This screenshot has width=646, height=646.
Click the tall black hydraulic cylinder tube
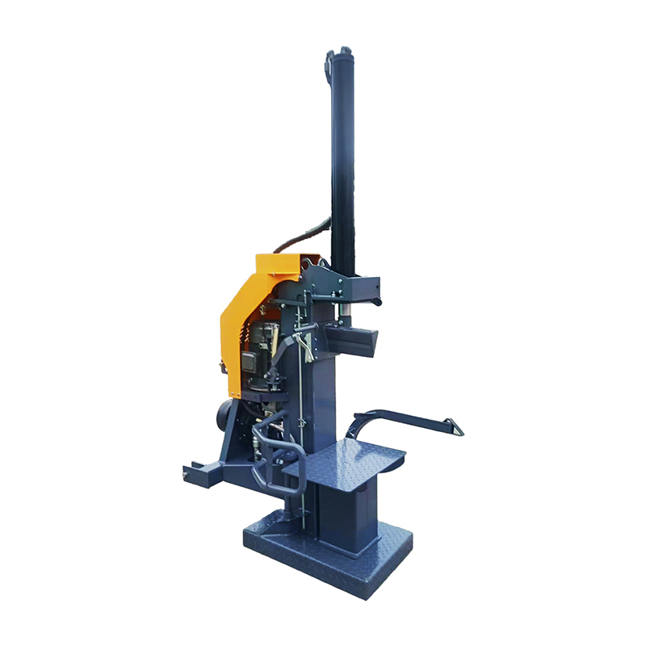(x=343, y=161)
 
